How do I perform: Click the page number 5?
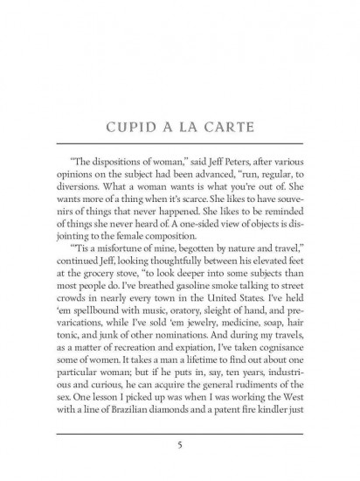click(x=179, y=443)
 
